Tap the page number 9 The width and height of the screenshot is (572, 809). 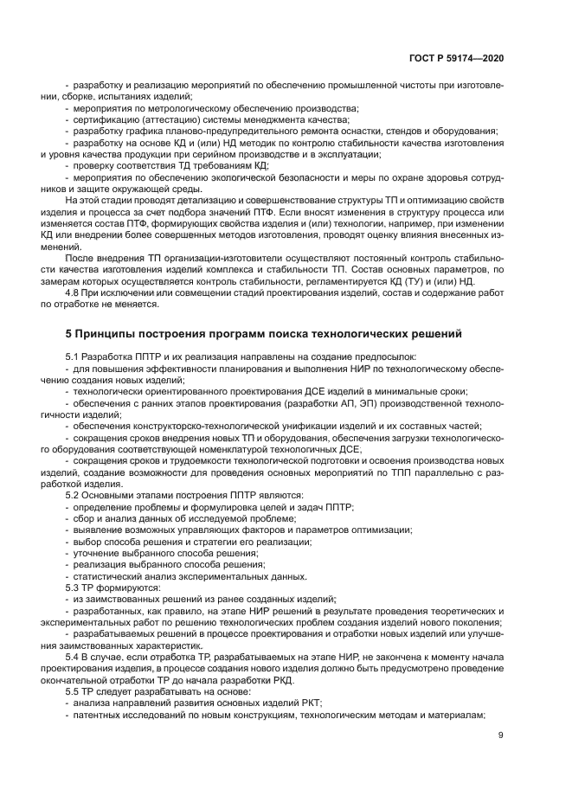501,735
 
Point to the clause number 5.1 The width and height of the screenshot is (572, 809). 74,356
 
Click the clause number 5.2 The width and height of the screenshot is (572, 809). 74,494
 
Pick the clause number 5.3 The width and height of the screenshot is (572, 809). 74,587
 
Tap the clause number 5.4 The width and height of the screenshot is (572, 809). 74,657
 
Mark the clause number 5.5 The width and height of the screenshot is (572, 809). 74,691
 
